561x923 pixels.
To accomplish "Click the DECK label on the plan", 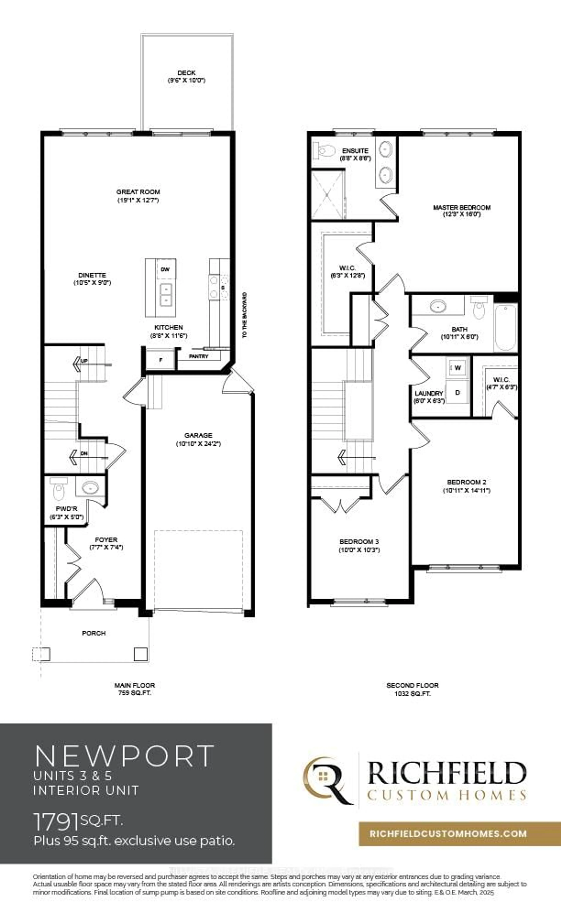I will [186, 73].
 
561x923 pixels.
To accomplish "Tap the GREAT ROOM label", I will [138, 192].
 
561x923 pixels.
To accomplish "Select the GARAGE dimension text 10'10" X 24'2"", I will [198, 444].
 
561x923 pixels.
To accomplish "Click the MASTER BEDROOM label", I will [462, 207].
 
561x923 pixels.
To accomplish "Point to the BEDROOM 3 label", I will [359, 542].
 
